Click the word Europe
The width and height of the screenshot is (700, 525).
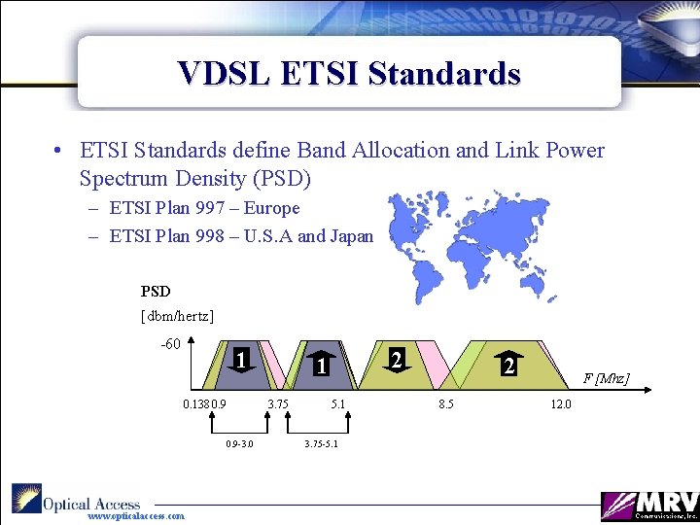272,208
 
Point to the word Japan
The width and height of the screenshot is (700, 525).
349,235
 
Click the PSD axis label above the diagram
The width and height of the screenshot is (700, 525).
156,291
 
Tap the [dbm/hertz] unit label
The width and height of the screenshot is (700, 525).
178,316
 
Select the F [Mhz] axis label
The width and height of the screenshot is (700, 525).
605,377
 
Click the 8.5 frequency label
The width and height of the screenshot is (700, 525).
445,404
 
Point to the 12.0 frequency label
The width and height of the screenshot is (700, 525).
562,404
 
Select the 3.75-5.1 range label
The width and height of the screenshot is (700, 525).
322,444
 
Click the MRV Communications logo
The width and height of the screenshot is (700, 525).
648,504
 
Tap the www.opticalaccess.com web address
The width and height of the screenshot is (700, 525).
136,516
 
